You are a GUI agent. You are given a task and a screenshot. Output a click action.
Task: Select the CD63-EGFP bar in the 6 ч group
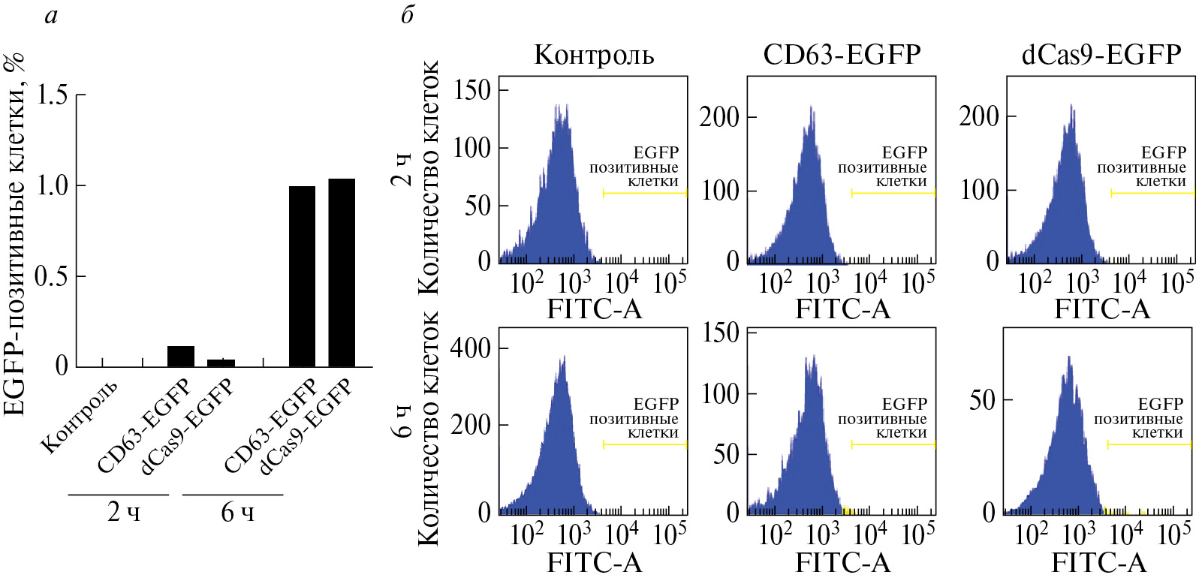pyautogui.click(x=302, y=275)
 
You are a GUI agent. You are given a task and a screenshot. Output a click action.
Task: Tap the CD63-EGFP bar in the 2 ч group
pyautogui.click(x=181, y=356)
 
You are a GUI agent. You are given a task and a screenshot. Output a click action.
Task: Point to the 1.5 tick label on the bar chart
pyautogui.click(x=52, y=95)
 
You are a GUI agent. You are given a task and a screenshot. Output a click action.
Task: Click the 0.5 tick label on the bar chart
pyautogui.click(x=52, y=276)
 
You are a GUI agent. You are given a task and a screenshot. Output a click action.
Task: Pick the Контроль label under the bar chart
pyautogui.click(x=79, y=417)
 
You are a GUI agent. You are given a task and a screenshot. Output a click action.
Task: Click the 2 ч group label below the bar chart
pyautogui.click(x=123, y=512)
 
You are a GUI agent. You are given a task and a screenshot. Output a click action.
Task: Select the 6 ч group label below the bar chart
pyautogui.click(x=237, y=512)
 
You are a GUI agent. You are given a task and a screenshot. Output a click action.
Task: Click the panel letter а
pyautogui.click(x=51, y=15)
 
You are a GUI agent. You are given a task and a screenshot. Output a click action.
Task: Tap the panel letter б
pyautogui.click(x=408, y=15)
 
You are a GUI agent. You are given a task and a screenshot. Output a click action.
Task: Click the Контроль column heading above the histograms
pyautogui.click(x=594, y=55)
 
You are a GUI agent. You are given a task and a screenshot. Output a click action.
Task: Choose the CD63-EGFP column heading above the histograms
pyautogui.click(x=842, y=55)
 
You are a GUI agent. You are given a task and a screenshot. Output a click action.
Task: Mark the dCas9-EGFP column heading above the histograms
pyautogui.click(x=1101, y=55)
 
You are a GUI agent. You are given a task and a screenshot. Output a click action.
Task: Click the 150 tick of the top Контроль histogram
pyautogui.click(x=472, y=90)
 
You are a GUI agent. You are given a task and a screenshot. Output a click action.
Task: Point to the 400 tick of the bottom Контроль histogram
pyautogui.click(x=470, y=348)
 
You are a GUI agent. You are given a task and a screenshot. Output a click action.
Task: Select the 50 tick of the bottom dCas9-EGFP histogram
pyautogui.click(x=982, y=400)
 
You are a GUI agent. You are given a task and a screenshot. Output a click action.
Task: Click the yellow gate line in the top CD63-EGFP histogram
pyautogui.click(x=893, y=193)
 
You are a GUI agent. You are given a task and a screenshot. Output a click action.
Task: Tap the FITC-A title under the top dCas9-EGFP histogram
pyautogui.click(x=1101, y=309)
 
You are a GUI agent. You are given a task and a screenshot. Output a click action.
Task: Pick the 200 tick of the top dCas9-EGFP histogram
pyautogui.click(x=979, y=116)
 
